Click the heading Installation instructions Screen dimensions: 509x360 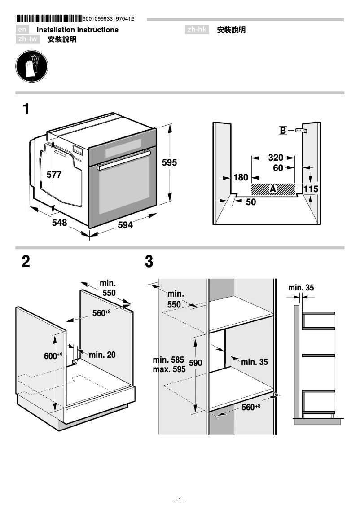point(77,30)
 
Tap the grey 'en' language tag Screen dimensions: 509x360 point(22,30)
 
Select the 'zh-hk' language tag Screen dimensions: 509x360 point(197,30)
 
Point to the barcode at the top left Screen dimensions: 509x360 point(48,19)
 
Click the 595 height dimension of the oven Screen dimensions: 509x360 point(169,162)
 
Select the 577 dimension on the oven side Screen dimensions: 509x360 point(54,175)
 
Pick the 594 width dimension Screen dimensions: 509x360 point(125,225)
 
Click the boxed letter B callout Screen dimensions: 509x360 point(283,131)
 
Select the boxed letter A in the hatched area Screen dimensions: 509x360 point(272,189)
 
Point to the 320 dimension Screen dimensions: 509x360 point(276,158)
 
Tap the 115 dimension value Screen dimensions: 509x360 point(311,189)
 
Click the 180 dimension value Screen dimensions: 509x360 point(241,178)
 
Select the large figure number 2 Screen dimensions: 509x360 point(26,262)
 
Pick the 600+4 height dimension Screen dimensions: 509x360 point(53,356)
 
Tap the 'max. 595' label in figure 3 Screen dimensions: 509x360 point(169,370)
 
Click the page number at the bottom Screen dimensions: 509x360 point(180,500)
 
